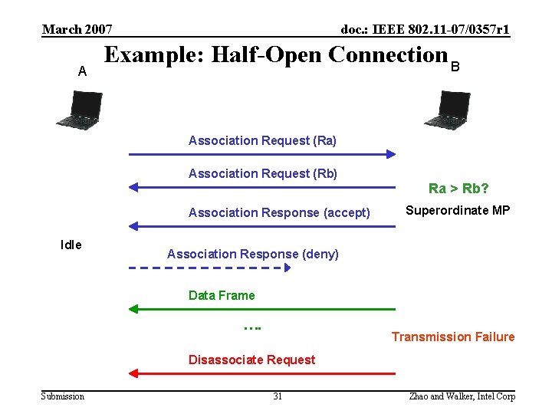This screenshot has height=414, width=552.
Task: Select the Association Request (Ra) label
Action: point(262,140)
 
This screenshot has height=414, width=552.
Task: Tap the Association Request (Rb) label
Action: point(263,173)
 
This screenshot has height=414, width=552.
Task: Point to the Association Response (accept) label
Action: point(279,212)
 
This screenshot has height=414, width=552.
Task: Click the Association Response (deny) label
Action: point(252,254)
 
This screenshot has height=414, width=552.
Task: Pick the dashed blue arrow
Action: point(209,268)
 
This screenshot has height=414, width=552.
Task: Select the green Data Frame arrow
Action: point(262,309)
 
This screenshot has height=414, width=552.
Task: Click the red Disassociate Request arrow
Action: point(262,373)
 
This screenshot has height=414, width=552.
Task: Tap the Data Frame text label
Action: point(222,295)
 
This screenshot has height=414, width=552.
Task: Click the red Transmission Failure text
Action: point(453,337)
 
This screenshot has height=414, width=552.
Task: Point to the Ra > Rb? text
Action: point(458,189)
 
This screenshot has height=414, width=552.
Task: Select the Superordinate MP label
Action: point(458,210)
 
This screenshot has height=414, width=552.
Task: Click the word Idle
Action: point(71,245)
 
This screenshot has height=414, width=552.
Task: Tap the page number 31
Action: point(278,396)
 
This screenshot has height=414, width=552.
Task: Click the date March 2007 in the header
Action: point(77,30)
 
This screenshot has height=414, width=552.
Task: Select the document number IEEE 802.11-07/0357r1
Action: point(425,30)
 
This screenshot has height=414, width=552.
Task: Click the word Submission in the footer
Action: point(63,396)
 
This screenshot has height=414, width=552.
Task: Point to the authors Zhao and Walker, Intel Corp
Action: point(462,396)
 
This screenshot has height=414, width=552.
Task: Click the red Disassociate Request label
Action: point(251,360)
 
